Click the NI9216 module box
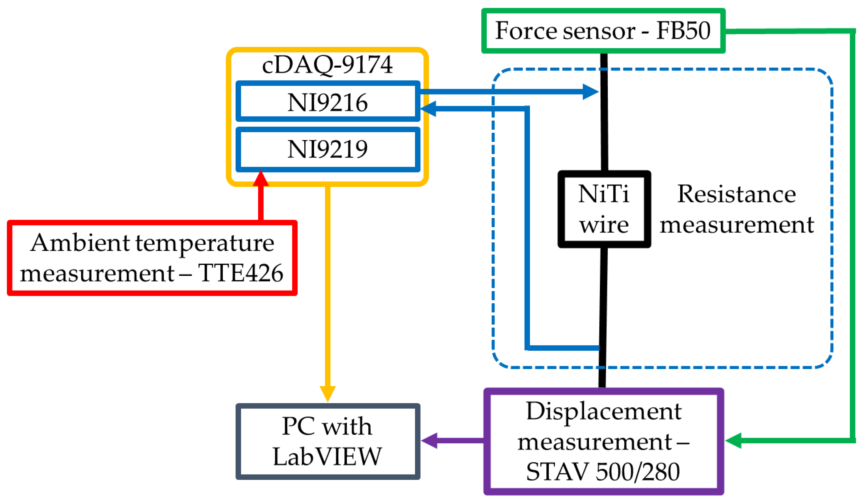327,101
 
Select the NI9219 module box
327,149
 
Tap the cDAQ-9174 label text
327,64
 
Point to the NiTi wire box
604,209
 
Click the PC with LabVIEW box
327,441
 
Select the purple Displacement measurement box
603,441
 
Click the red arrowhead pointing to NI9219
261,178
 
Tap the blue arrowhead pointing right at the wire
590,92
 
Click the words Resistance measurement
737,209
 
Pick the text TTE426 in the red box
240,273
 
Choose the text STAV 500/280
603,472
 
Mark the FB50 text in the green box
683,31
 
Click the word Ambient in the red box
80,243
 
